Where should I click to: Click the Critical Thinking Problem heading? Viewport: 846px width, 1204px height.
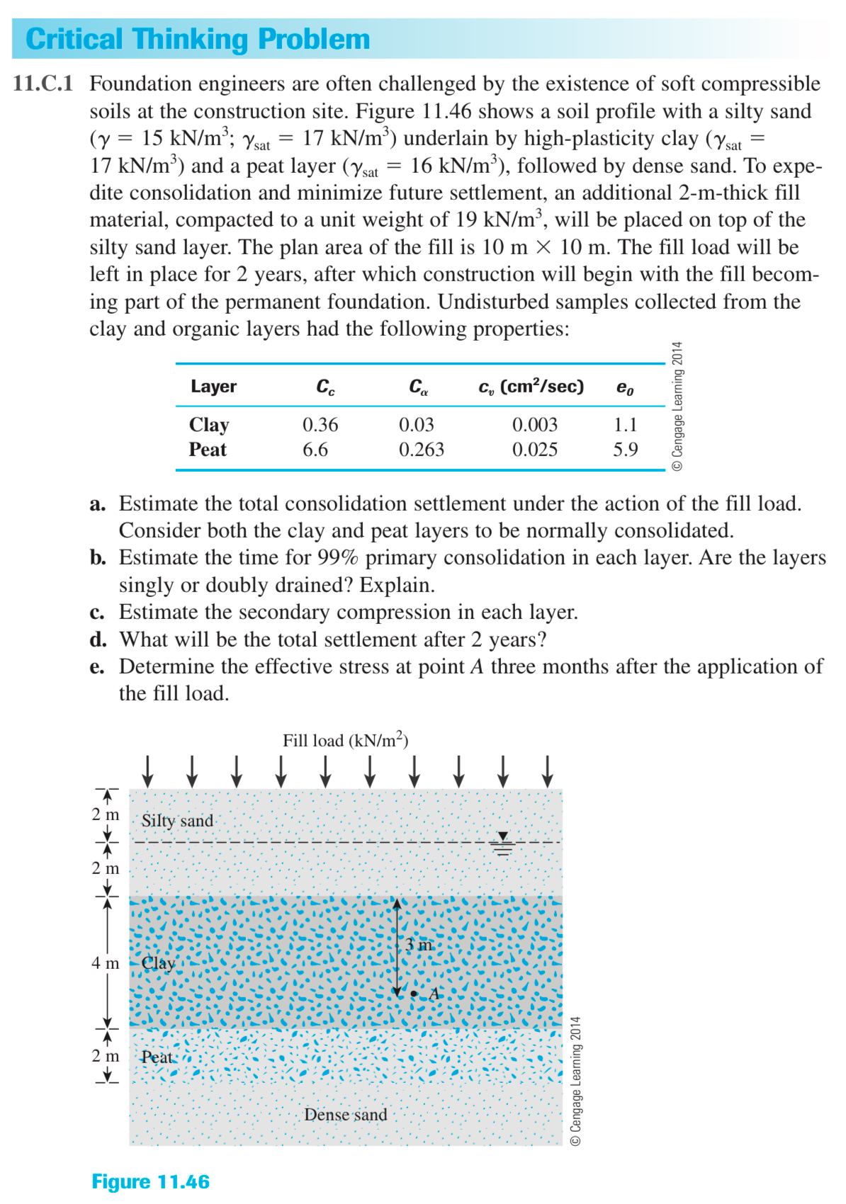click(198, 39)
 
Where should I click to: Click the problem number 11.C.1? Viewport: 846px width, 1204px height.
click(43, 84)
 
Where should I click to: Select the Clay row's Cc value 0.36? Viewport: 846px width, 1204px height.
click(320, 424)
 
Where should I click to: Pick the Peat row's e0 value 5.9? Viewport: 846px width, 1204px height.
click(625, 450)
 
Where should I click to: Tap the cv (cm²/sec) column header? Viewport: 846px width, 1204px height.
click(531, 387)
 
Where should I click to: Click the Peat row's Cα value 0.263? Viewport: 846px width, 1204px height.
click(421, 450)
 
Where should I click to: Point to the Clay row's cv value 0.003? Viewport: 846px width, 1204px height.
click(534, 424)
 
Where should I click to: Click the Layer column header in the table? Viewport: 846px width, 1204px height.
click(213, 387)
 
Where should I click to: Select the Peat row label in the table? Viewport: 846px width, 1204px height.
click(208, 450)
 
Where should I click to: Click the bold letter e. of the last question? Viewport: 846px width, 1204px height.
click(97, 667)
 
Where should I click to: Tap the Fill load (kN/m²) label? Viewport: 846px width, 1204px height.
click(345, 740)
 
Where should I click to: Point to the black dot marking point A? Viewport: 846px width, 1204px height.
click(414, 994)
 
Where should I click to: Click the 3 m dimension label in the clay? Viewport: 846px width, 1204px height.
click(418, 944)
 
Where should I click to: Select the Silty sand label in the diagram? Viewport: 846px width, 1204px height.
click(177, 821)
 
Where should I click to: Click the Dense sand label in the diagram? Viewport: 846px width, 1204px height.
click(345, 1115)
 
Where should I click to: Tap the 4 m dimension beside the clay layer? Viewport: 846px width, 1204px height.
click(105, 963)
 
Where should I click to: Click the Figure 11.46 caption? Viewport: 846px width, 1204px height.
click(150, 1181)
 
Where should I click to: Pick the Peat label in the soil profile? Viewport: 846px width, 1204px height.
click(157, 1057)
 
